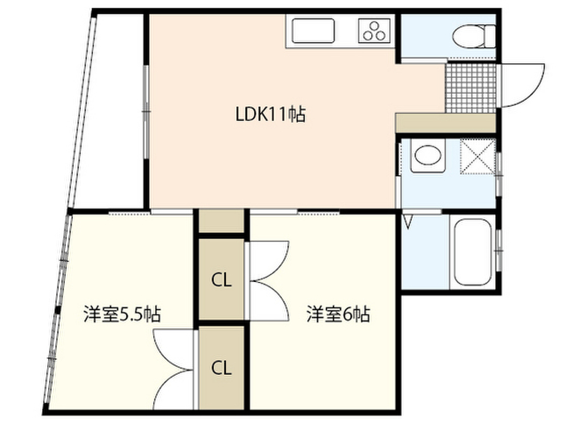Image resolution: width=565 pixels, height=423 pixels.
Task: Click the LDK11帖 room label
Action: tap(270, 115)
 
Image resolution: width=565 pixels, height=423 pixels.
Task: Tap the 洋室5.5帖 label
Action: tap(122, 314)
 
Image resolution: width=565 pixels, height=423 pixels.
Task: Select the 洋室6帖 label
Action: tap(338, 314)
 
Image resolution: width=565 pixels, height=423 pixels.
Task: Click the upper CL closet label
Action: tap(222, 280)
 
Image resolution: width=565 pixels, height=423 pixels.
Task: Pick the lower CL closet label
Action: tap(222, 367)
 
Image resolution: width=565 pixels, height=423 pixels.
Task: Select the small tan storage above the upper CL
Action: tap(221, 221)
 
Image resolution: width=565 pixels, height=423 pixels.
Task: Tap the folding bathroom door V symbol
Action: tap(409, 222)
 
